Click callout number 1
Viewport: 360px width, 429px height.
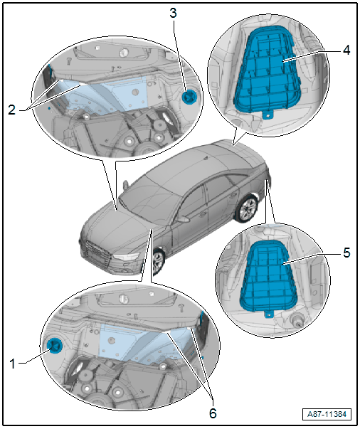[12, 364]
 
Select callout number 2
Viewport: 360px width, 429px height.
[12, 110]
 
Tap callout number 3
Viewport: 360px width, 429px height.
[173, 13]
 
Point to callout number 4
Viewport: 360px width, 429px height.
[346, 50]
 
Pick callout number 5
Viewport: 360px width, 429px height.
[346, 253]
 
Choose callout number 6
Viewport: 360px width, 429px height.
[213, 413]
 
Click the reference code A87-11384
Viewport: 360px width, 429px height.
[327, 414]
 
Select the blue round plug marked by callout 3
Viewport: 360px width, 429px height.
[189, 97]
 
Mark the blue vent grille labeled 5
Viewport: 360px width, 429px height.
[268, 276]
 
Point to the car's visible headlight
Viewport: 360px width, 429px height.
[127, 257]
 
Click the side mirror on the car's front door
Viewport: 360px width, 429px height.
[182, 219]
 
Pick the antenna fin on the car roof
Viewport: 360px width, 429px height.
[205, 158]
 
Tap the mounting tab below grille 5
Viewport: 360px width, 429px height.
[269, 314]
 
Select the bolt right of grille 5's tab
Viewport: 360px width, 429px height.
[296, 320]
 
